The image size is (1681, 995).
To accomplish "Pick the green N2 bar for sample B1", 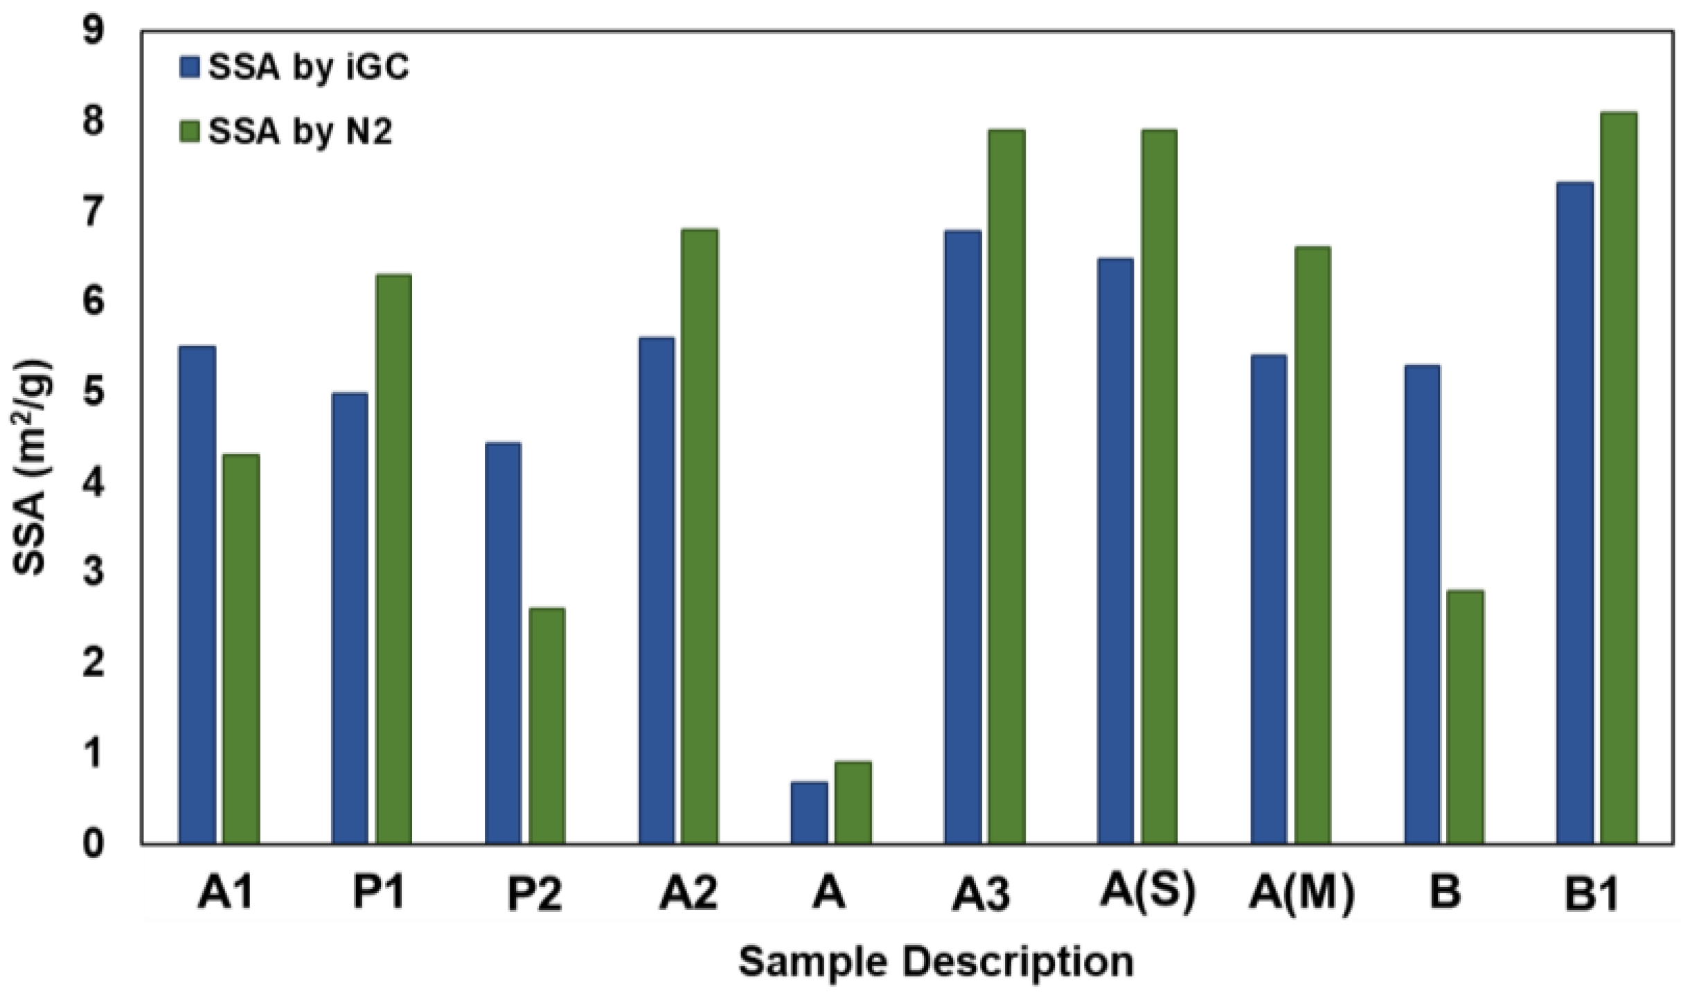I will [1619, 478].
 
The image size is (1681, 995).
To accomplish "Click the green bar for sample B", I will [1466, 717].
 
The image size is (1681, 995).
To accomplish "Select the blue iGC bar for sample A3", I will [963, 537].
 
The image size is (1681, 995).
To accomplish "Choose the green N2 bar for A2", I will [700, 536].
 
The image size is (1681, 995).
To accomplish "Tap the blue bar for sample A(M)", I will [1268, 599].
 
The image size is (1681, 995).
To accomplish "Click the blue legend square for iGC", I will [189, 67].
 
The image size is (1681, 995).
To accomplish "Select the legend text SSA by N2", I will [300, 131].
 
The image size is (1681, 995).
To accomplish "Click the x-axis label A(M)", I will [1301, 894].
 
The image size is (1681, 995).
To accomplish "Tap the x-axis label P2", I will [534, 894].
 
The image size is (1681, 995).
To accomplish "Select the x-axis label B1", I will [1590, 894].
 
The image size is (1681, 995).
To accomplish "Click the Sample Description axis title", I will [936, 962].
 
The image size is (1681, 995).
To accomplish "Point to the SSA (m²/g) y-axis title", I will [31, 467].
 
